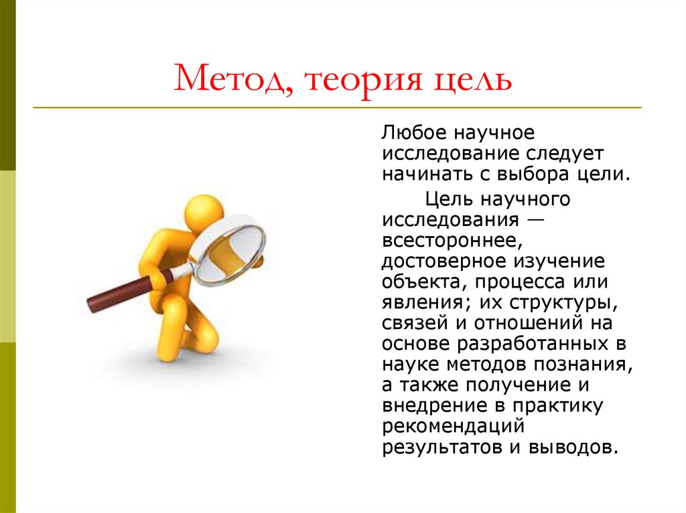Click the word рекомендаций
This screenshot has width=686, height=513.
(452, 427)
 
